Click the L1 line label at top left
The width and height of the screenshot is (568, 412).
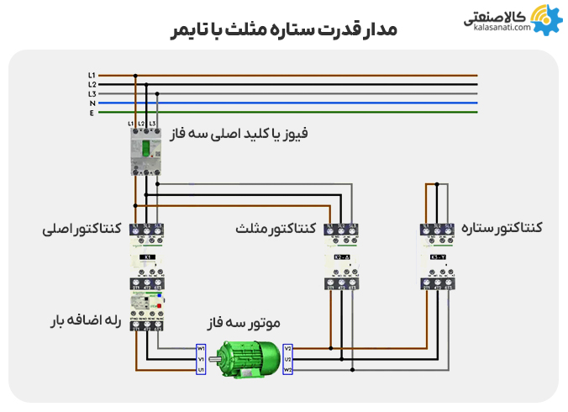tap(92, 76)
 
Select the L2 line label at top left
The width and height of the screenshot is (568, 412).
tap(92, 84)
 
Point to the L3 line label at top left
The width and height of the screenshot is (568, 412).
tap(92, 93)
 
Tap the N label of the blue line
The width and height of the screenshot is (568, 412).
tap(92, 103)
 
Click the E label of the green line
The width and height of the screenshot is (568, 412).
tap(92, 112)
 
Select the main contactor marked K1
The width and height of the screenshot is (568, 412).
tap(146, 257)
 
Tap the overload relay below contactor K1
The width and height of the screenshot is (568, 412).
tap(146, 310)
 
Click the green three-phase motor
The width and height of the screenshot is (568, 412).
tap(245, 359)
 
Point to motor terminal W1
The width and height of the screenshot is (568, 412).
tap(201, 348)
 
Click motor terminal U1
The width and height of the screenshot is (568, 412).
tap(201, 369)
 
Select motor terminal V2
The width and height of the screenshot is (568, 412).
tap(288, 348)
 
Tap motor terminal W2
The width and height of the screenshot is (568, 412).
tap(288, 369)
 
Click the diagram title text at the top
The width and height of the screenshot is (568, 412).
tap(283, 29)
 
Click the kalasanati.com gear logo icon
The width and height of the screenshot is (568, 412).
tap(544, 18)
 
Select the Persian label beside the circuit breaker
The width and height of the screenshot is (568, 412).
tap(240, 132)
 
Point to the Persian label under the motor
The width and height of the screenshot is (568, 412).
tap(244, 323)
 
